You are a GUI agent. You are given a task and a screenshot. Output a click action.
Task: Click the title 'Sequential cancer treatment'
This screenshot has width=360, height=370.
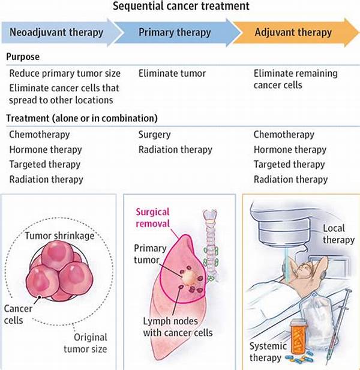coord(179,7)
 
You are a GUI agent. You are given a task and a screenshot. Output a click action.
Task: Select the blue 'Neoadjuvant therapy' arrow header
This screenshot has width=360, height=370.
coord(58,32)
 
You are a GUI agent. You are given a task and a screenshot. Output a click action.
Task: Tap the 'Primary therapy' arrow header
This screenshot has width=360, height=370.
coord(175,32)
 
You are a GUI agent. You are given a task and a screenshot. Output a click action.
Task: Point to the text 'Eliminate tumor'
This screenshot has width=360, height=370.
coord(172,73)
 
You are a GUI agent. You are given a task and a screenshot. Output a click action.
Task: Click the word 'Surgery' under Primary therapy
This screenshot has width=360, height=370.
coord(154,135)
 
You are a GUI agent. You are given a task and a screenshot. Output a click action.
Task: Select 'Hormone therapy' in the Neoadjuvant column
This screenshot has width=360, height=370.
coord(46,150)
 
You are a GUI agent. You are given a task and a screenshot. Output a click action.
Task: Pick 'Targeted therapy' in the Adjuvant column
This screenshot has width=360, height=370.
coord(289,164)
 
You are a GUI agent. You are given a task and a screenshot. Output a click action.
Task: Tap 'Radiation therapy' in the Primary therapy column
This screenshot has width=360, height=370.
coord(175,150)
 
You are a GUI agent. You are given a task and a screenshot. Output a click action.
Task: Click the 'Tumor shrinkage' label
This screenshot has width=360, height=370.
coord(59,235)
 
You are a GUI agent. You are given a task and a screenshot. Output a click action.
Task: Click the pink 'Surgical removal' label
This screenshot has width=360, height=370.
coord(153,217)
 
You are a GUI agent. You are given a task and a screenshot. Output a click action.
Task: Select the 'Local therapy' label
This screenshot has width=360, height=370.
coord(338,234)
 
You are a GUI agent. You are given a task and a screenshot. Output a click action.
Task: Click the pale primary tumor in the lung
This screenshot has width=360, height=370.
coord(187,275)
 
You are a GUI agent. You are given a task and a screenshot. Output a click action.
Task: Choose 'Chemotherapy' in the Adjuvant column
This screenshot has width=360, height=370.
coord(284,135)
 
